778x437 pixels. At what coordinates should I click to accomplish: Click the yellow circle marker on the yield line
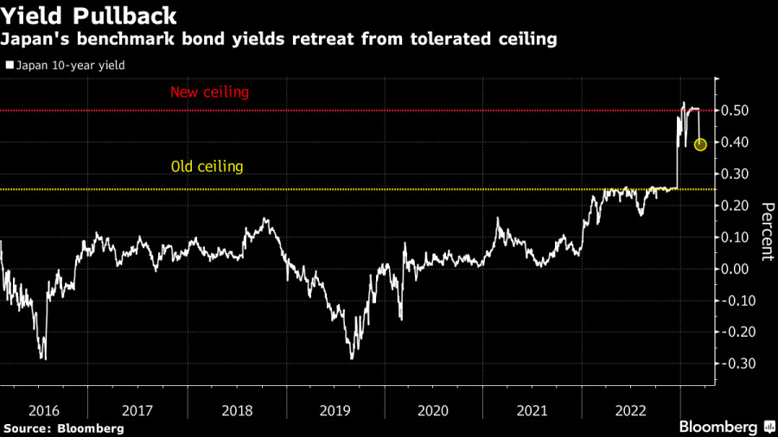coord(700,144)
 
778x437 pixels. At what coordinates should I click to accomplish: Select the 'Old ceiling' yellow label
coord(207,167)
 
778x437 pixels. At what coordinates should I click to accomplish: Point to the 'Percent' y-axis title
coord(766,231)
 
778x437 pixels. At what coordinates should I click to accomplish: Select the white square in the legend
coord(9,65)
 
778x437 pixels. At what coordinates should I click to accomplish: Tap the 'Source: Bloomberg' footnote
coord(63,427)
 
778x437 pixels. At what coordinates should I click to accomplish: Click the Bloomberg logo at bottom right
coord(724,426)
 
